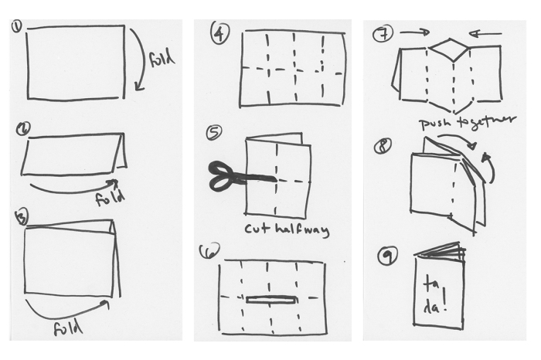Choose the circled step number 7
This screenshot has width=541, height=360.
[381, 35]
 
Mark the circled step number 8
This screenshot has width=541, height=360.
[383, 144]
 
